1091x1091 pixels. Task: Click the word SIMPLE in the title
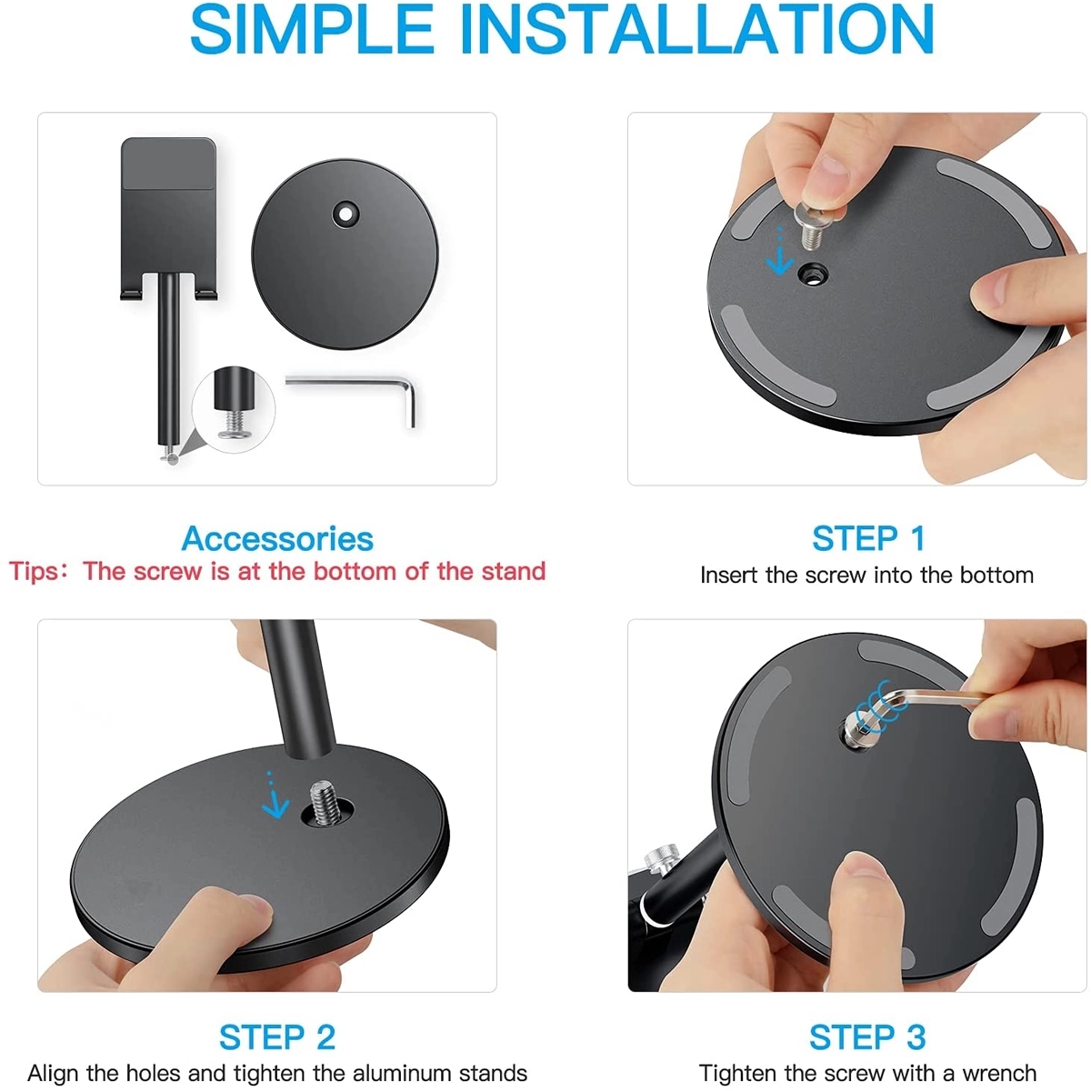point(312,30)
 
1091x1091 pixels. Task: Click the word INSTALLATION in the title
point(697,30)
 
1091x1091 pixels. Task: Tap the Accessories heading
point(277,538)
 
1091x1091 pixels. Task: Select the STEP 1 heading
point(868,538)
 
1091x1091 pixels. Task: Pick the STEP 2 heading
point(277,1037)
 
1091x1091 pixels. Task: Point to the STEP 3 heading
point(867,1037)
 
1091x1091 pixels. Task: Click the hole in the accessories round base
point(345,215)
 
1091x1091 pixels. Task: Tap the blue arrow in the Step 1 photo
point(779,251)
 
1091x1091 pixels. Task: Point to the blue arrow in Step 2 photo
point(275,796)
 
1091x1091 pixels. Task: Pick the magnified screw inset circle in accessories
point(234,408)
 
